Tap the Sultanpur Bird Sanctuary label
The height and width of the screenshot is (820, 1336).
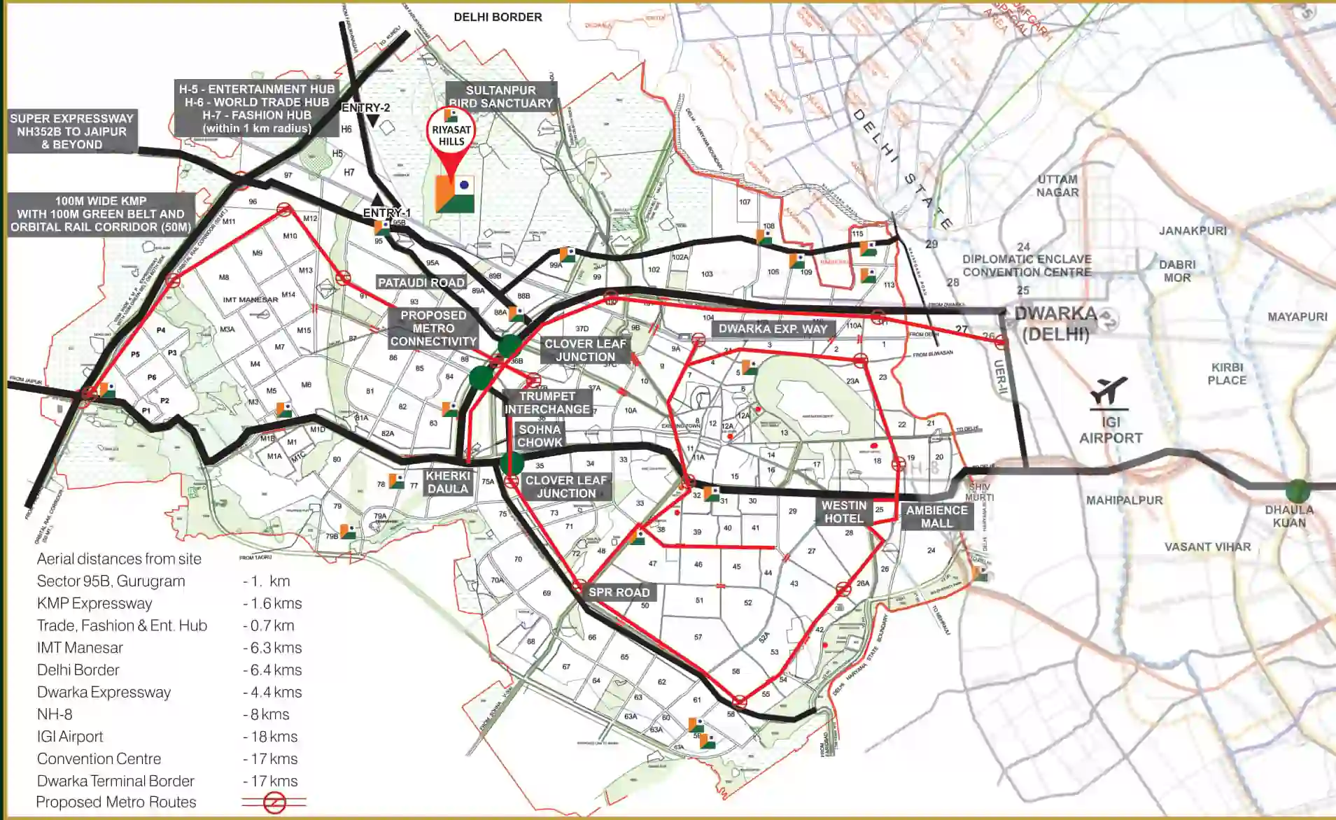pos(501,97)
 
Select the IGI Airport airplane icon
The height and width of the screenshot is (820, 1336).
pos(1109,390)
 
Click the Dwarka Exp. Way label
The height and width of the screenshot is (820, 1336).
pos(773,329)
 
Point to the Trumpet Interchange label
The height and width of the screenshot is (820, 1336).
pos(547,402)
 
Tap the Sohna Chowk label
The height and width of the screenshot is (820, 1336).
pos(540,436)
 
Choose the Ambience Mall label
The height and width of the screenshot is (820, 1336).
pos(936,516)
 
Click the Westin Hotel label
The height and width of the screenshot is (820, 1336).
pos(844,512)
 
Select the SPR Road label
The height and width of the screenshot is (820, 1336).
pos(619,593)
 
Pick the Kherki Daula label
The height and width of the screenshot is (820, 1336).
pos(448,482)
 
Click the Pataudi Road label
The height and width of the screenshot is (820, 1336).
pos(421,283)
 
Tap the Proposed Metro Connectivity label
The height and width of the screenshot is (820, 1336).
pos(433,328)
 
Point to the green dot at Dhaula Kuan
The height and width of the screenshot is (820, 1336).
pos(1298,490)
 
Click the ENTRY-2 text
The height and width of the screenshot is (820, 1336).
pos(365,108)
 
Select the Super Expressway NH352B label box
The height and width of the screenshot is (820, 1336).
pos(71,132)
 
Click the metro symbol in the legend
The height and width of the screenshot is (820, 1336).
pos(274,803)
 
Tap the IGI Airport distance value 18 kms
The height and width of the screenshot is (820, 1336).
pos(272,737)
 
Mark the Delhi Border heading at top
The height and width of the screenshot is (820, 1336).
pos(498,17)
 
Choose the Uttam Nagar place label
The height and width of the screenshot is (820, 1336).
pos(1057,185)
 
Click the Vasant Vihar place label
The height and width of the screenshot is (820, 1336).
pos(1207,547)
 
